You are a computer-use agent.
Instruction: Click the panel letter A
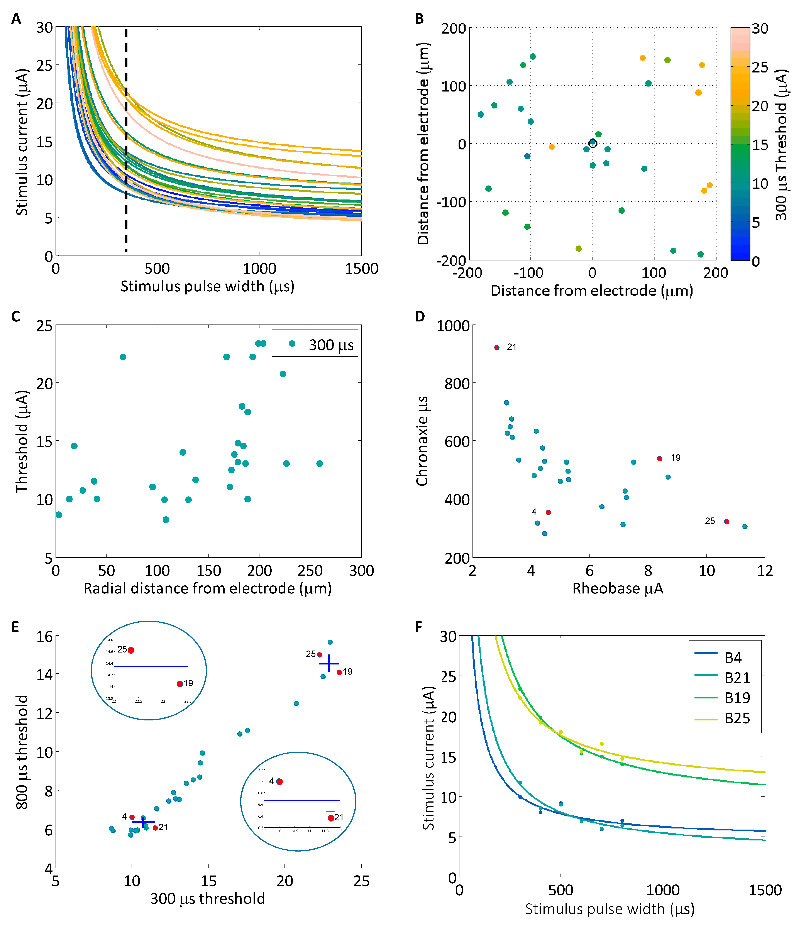pos(16,19)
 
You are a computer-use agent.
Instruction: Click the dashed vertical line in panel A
pos(126,134)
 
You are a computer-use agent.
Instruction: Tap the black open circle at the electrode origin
pos(592,143)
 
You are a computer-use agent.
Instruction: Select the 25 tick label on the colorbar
pos(760,67)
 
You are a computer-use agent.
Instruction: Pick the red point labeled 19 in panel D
pos(659,459)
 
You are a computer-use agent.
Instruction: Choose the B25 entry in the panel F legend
pos(737,718)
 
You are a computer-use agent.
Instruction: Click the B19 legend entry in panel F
pos(737,698)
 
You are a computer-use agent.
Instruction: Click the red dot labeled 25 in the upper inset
pos(131,650)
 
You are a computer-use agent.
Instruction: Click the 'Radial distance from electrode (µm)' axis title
pos(207,588)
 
